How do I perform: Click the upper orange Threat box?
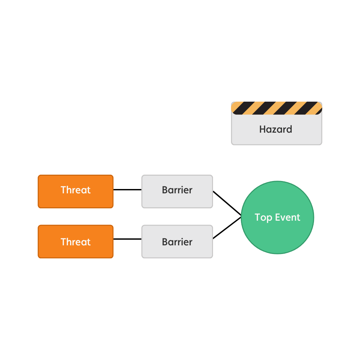pos(76,191)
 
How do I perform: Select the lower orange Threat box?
pos(76,241)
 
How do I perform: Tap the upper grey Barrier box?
pos(177,191)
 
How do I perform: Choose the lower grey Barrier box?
pos(177,241)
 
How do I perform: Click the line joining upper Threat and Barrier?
pos(127,190)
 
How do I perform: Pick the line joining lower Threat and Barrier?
pos(127,239)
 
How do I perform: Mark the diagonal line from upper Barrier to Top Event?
pos(227,203)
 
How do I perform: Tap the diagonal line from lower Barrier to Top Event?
pos(227,228)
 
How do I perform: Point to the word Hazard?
pos(276,129)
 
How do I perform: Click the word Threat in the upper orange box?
pos(76,190)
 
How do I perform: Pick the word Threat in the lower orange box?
pos(76,242)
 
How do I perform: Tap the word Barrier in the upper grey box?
pos(177,190)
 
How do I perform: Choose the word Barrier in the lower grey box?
pos(177,242)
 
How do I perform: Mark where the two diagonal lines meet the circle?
pos(241,217)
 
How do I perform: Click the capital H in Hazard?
pos(262,129)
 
